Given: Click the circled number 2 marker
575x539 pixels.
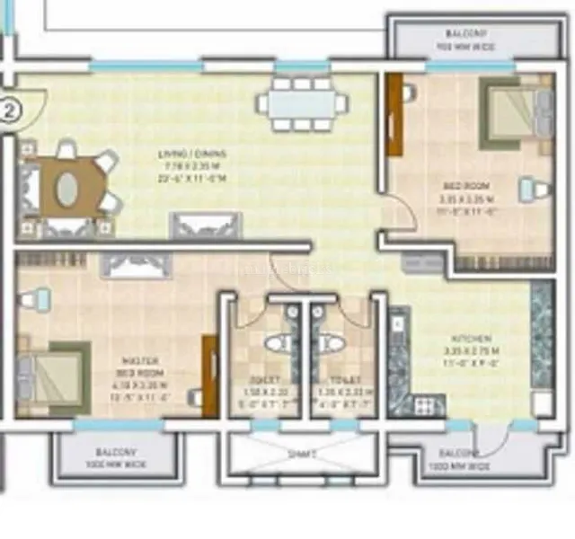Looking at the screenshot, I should tap(9, 112).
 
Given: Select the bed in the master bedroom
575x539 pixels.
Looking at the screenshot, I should tap(54, 374).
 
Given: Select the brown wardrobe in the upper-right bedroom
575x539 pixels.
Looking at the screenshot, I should tap(394, 115).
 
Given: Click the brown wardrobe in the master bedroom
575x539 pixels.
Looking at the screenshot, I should tap(210, 376).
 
